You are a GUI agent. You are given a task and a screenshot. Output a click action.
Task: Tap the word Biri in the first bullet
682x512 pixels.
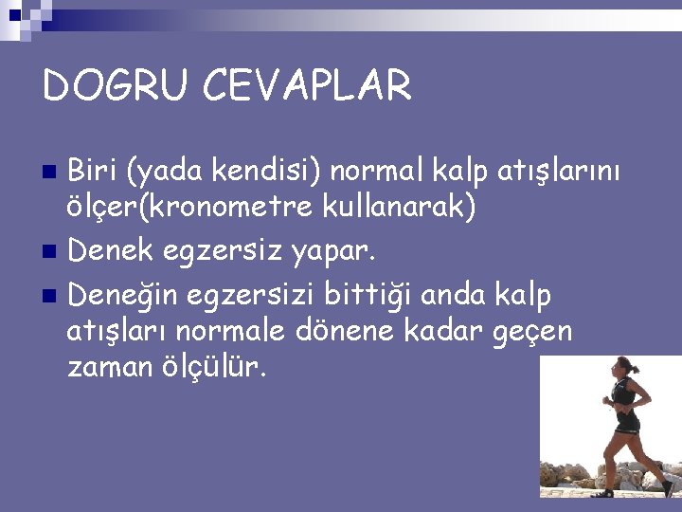point(95,172)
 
